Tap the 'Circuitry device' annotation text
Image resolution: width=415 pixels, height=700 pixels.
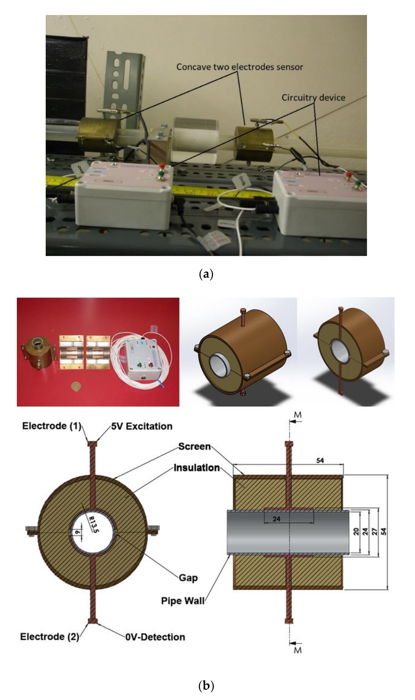[313, 98]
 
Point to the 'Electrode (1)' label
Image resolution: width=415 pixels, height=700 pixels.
[52, 426]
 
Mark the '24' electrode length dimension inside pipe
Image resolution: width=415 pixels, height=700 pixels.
[276, 519]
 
